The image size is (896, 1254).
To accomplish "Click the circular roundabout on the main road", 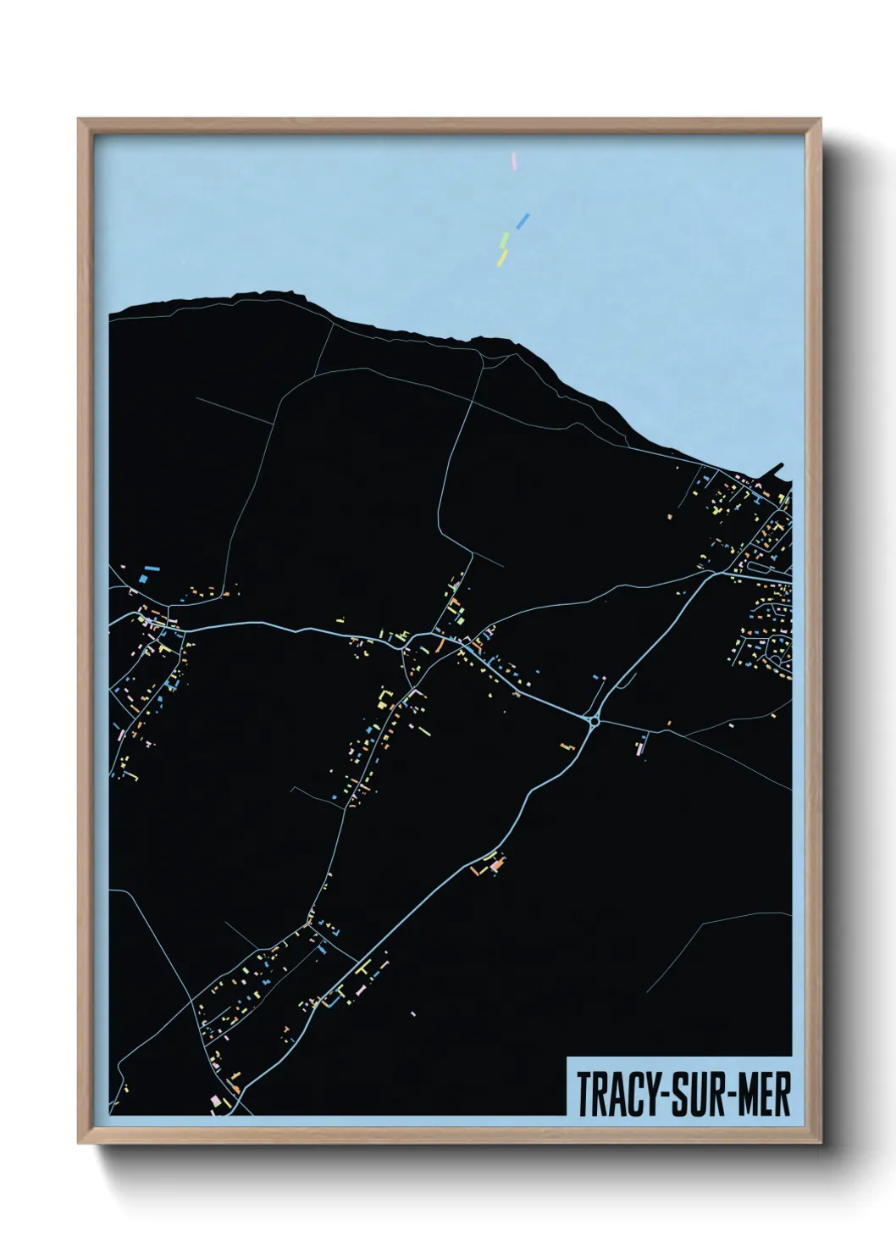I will pyautogui.click(x=595, y=722).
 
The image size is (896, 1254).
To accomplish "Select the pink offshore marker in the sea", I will pyautogui.click(x=514, y=160).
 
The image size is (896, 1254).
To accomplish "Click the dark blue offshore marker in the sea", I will pyautogui.click(x=523, y=221).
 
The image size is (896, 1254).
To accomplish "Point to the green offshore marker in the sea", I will pyautogui.click(x=505, y=240).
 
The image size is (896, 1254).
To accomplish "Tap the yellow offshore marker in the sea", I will pyautogui.click(x=502, y=257).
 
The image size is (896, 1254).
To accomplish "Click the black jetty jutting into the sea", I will pyautogui.click(x=779, y=470).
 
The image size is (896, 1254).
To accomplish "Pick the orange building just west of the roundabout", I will pyautogui.click(x=567, y=746).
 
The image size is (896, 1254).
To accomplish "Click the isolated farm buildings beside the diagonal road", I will pyautogui.click(x=494, y=864).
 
